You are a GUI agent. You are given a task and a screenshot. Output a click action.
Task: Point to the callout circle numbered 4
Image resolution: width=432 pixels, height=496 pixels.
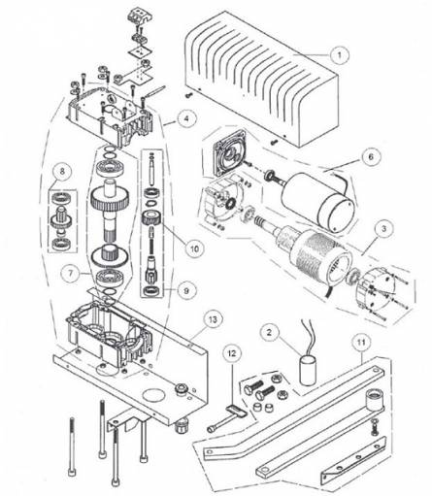[x=181, y=121]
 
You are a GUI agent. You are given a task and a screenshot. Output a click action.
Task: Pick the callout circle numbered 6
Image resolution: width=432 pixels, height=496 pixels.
[x=370, y=155]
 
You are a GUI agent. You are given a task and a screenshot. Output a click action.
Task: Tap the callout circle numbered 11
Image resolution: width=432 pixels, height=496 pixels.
[x=360, y=343]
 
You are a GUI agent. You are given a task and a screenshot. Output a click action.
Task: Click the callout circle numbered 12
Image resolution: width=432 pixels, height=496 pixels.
[x=232, y=351]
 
